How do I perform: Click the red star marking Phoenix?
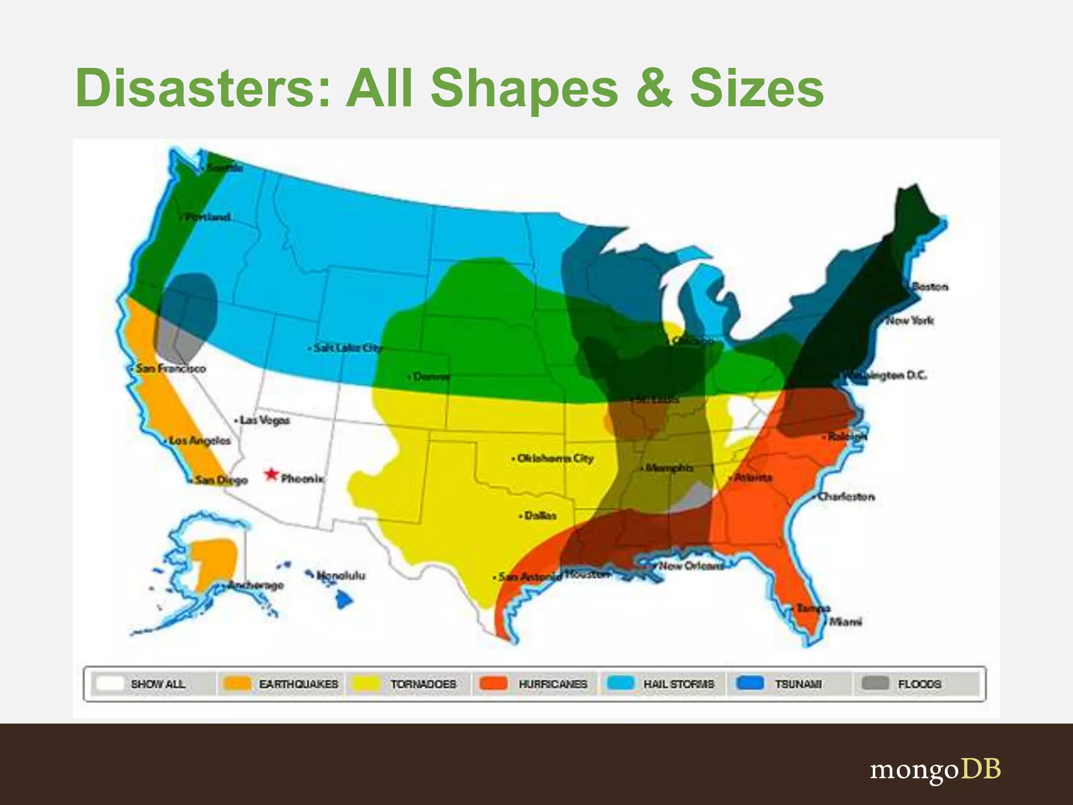271,474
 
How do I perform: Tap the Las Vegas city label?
265,420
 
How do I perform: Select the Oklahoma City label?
555,459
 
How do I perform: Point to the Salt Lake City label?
348,348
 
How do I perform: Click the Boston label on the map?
930,287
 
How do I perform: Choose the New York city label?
910,320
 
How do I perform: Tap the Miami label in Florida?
845,622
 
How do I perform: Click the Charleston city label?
846,496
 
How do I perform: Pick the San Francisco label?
171,368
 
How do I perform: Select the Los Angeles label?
200,441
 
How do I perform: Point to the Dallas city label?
540,516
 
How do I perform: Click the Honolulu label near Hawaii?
341,575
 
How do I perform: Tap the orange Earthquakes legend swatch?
237,683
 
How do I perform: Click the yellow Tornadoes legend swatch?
366,683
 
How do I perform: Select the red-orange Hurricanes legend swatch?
494,683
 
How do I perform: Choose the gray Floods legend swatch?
875,683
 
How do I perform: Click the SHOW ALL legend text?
158,684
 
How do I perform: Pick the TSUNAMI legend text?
798,684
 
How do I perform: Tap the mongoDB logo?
935,769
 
